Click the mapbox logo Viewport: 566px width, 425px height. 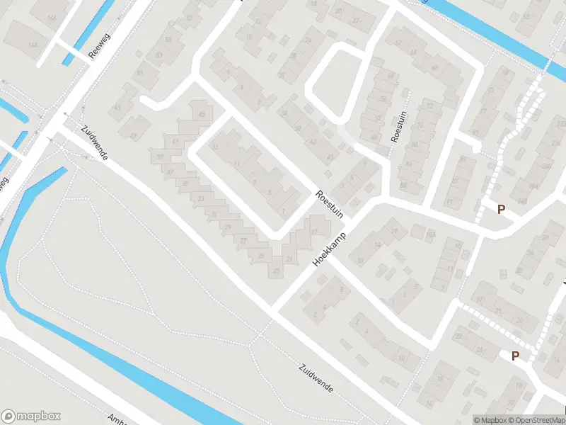[31, 416]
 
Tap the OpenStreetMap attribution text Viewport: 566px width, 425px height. [535, 420]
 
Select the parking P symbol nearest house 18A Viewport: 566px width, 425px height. [502, 209]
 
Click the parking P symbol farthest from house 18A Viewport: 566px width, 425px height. [515, 356]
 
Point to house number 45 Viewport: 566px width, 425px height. [202, 115]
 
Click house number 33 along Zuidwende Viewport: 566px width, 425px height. [202, 198]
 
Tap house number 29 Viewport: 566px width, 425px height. [228, 227]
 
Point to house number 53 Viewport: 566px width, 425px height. [158, 55]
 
